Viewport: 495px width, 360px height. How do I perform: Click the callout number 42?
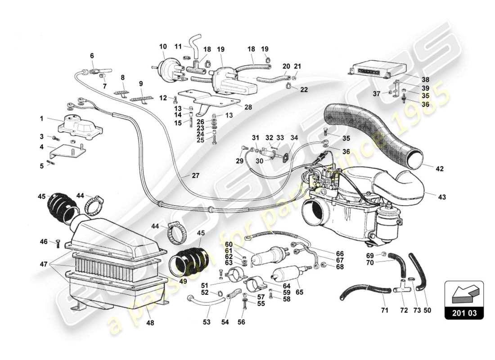439,169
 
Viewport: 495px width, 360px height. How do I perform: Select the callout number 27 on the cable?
195,175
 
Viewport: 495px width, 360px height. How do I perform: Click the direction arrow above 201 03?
463,293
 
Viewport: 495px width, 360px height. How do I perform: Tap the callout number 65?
300,292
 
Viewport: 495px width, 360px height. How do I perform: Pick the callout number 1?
41,119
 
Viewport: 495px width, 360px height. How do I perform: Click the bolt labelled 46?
58,244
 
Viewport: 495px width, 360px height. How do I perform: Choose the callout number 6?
92,56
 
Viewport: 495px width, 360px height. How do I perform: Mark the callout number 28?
247,107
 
